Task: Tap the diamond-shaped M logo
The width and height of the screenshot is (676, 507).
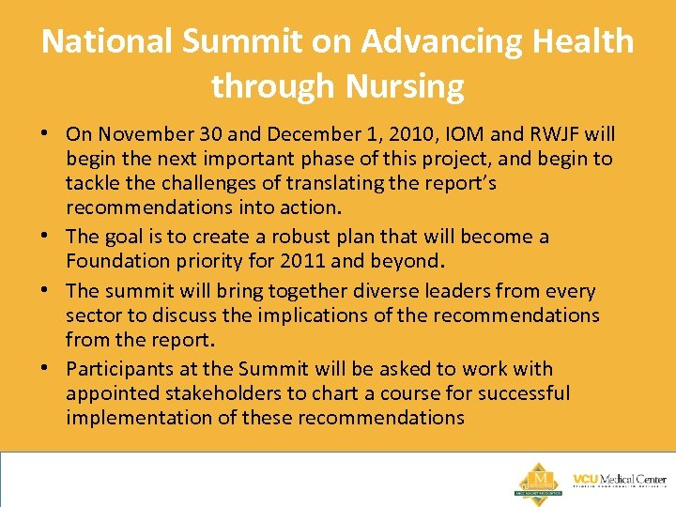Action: coord(540,479)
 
